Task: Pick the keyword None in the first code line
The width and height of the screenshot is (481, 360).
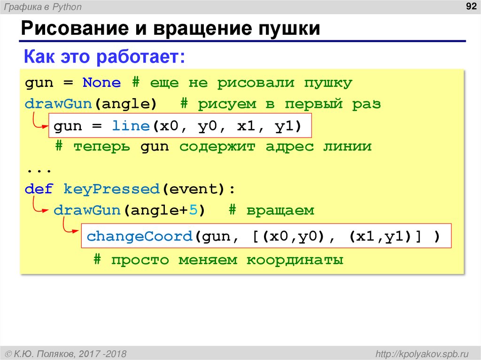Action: (x=102, y=83)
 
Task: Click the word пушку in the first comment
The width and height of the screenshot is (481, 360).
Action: (x=328, y=83)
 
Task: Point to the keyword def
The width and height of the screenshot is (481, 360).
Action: (x=39, y=189)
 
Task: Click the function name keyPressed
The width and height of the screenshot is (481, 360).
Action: (x=111, y=189)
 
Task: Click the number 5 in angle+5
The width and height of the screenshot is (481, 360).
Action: (x=194, y=210)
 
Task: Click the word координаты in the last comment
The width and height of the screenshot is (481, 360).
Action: (x=295, y=260)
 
